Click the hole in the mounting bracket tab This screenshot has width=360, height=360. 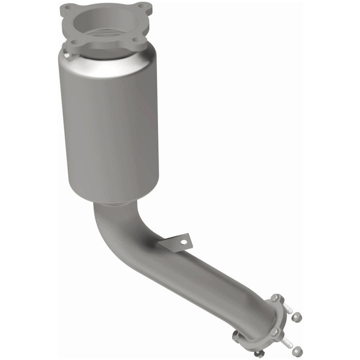(183, 242)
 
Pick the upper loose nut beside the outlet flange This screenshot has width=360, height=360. (297, 316)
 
